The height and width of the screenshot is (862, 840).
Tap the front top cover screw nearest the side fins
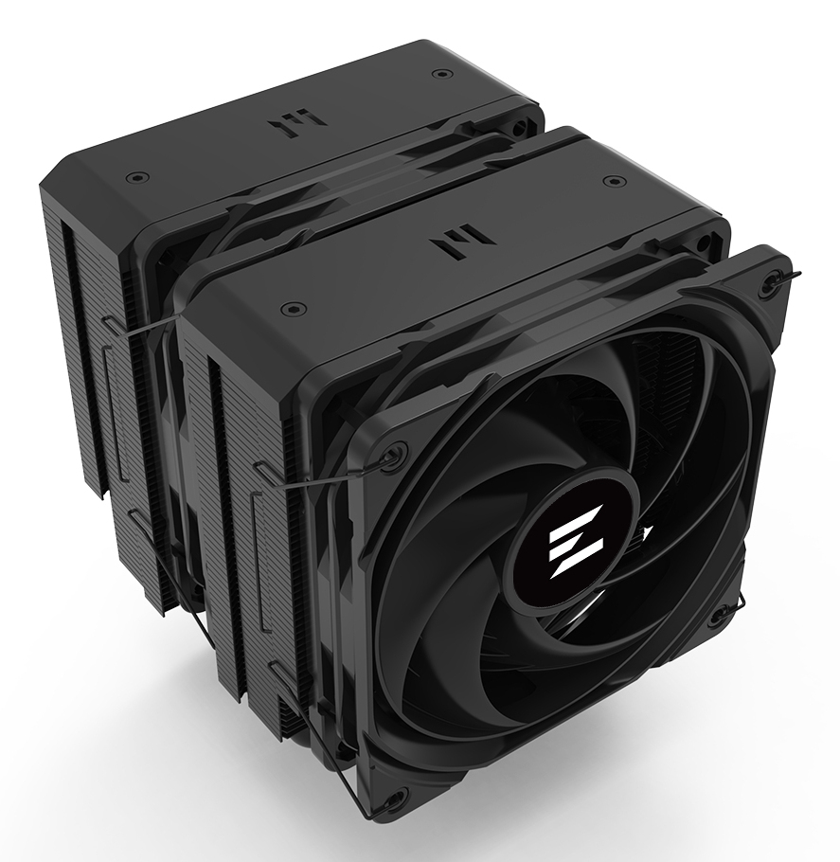[x=294, y=308]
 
